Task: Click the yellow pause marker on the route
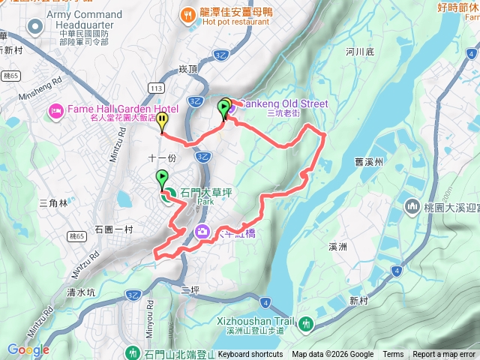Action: click(163, 118)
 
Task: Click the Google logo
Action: click(28, 349)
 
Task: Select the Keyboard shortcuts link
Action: click(250, 355)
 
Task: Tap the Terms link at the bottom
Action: click(393, 355)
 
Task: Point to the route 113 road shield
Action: click(155, 88)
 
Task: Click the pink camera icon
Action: click(202, 232)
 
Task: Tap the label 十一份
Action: click(161, 158)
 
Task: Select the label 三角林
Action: click(52, 203)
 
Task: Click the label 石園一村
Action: click(114, 229)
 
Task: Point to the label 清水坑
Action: click(81, 292)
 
